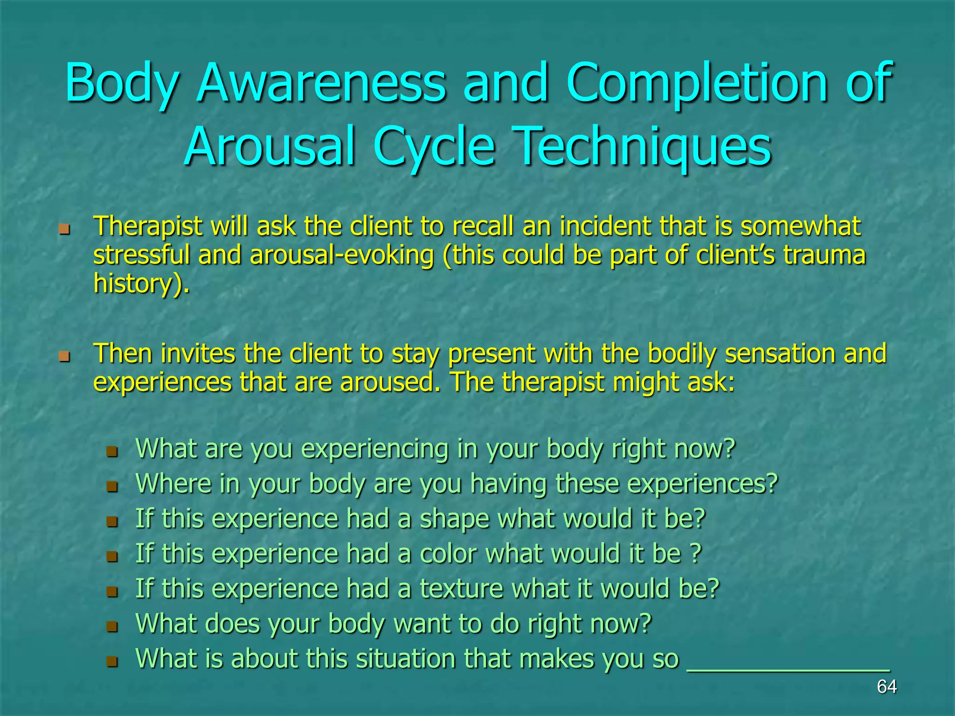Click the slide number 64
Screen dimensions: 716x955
tap(886, 687)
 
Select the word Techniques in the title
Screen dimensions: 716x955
tap(644, 146)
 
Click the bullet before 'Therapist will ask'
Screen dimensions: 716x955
tap(64, 229)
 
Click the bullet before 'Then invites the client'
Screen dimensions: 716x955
tap(64, 357)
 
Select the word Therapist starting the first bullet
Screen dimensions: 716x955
tap(148, 227)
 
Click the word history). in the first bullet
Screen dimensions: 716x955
tap(142, 284)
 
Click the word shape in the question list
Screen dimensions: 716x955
tap(455, 519)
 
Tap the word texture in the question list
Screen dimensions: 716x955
tap(461, 589)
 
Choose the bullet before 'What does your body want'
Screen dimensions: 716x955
tap(112, 626)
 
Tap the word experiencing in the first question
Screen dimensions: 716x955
tap(375, 449)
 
